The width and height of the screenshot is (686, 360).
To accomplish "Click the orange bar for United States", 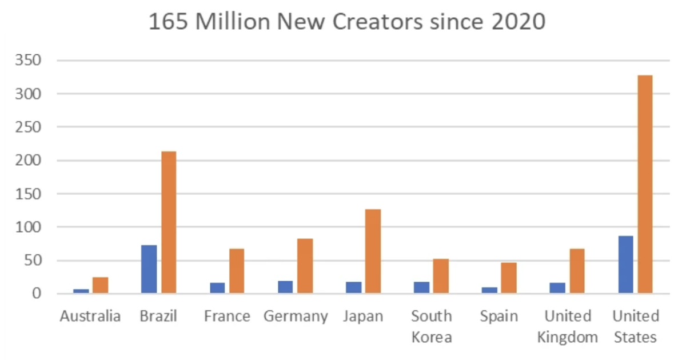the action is [645, 184].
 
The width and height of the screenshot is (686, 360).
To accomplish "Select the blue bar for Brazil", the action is [149, 269].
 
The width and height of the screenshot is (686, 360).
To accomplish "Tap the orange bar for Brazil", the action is [169, 222].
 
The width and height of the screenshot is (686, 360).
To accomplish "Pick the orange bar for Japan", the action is [373, 251].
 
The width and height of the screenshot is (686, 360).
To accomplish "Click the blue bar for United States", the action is [625, 265].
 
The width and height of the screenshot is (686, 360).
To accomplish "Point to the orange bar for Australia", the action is [101, 285].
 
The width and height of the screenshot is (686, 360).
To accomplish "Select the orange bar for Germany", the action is [305, 266].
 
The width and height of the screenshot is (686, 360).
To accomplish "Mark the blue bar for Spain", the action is [489, 290].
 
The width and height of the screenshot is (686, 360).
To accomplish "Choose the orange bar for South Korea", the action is [441, 276].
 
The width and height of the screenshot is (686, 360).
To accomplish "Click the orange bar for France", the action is [237, 271].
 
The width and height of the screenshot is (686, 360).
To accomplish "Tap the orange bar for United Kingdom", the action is [577, 271].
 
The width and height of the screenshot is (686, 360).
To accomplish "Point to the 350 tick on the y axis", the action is [28, 61].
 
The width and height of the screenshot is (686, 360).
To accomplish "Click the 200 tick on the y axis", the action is [28, 161].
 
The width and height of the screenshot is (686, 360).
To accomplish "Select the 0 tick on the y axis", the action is [37, 294].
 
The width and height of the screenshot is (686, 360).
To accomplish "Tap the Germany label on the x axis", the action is [296, 317].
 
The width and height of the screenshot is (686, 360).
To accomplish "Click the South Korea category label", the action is [432, 327].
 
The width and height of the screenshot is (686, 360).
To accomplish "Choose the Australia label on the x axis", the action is [90, 316].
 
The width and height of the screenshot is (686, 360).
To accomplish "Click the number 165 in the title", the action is [168, 22].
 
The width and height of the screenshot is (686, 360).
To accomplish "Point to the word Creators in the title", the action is [377, 22].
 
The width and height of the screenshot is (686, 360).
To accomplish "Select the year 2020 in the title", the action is [519, 22].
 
